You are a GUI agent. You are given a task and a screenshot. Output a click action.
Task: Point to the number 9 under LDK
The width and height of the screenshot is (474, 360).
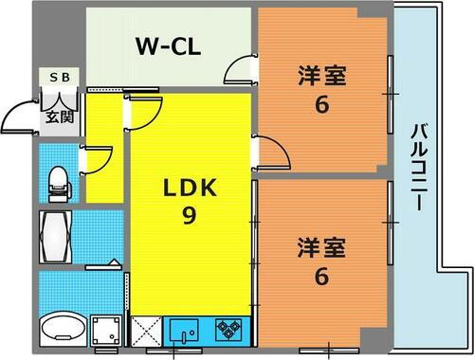click(189, 217)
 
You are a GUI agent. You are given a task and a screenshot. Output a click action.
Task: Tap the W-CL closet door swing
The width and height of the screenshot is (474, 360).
click(240, 70)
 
